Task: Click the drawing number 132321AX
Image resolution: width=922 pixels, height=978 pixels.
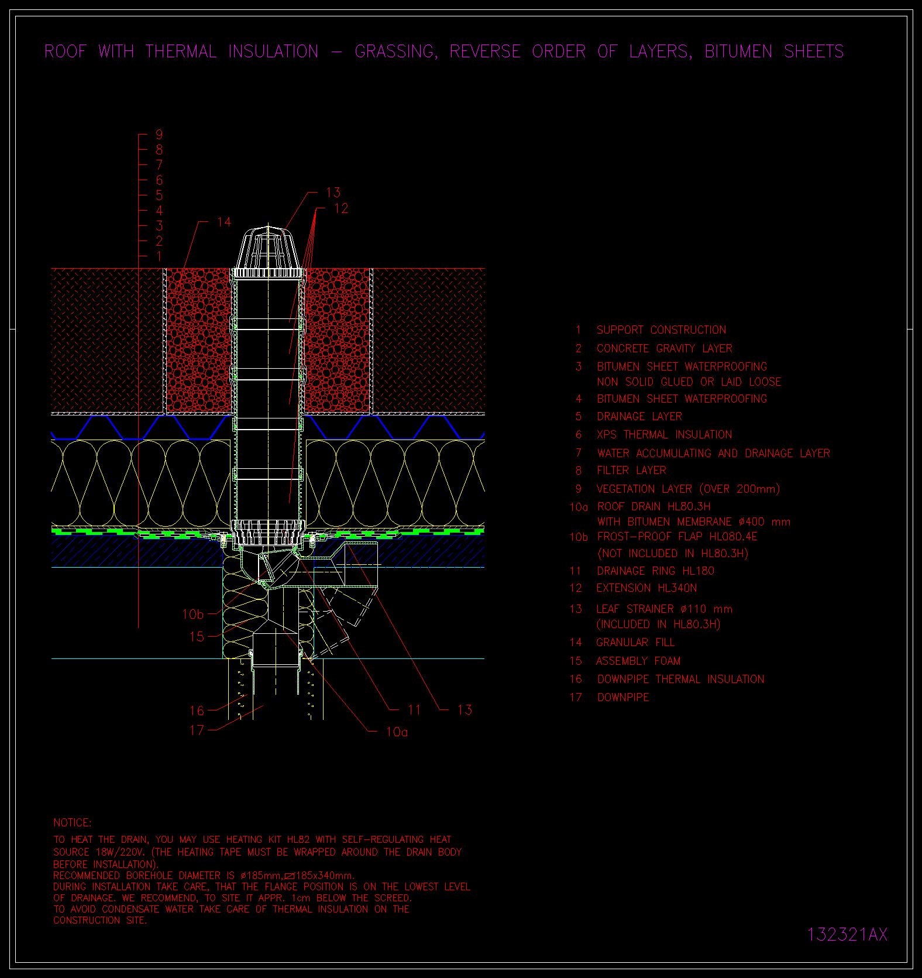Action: pos(847,934)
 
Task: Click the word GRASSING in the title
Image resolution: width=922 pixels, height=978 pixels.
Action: pos(395,52)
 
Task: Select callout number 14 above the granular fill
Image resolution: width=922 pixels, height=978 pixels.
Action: pos(224,222)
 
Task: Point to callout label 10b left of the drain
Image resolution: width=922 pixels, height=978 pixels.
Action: pos(193,615)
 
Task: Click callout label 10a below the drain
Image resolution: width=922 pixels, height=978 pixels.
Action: pos(397,732)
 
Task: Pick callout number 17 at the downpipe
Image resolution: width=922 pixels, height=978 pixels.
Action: pos(197,730)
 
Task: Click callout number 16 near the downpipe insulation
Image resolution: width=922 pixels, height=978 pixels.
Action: pos(197,711)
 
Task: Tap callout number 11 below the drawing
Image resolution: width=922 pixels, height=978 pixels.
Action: pos(414,710)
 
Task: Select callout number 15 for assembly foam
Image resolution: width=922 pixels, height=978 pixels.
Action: pos(197,636)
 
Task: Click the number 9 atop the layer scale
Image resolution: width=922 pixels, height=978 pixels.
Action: pos(159,135)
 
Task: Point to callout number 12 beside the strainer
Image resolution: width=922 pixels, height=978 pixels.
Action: pos(341,208)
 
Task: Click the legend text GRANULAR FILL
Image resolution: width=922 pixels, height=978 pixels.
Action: pos(635,643)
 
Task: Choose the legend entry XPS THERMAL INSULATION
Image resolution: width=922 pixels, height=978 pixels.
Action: pos(664,435)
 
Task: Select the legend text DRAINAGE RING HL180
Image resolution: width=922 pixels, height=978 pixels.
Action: pos(655,571)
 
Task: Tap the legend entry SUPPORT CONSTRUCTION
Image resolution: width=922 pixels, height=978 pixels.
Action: pos(661,330)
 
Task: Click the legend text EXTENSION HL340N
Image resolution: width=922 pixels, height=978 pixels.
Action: pos(646,588)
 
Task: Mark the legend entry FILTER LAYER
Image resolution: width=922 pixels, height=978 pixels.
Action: pos(631,471)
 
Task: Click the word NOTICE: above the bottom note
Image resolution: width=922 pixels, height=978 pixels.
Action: pos(73,823)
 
